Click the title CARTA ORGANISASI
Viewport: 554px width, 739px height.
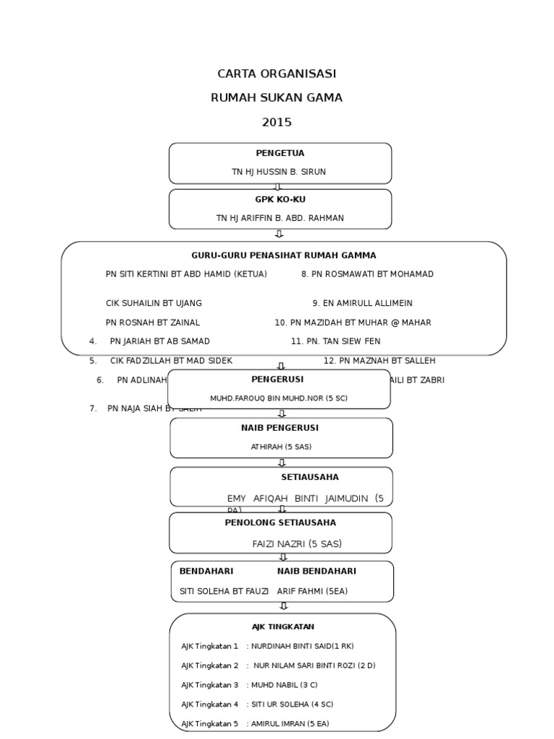pyautogui.click(x=276, y=74)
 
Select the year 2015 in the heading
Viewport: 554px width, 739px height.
pyautogui.click(x=276, y=123)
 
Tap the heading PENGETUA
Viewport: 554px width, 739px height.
pyautogui.click(x=280, y=153)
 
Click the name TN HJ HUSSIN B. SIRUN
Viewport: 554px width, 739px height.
pyautogui.click(x=278, y=172)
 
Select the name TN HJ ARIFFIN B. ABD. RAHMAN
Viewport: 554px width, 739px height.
pyautogui.click(x=280, y=218)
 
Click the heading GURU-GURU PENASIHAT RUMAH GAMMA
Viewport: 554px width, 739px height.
pyautogui.click(x=283, y=255)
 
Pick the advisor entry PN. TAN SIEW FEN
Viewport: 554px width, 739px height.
pyautogui.click(x=335, y=341)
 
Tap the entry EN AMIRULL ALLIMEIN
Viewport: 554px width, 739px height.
pyautogui.click(x=362, y=303)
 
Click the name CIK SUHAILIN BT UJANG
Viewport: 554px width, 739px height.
pyautogui.click(x=154, y=303)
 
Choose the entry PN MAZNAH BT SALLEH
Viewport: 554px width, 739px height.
pyautogui.click(x=379, y=361)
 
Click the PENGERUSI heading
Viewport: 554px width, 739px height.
pyautogui.click(x=278, y=379)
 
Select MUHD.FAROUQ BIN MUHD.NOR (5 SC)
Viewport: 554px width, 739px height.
pyautogui.click(x=278, y=398)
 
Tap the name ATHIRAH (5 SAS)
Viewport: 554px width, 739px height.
pyautogui.click(x=281, y=447)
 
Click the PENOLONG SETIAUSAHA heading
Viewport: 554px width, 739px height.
pyautogui.click(x=280, y=522)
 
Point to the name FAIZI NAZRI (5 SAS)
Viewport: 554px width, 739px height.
pyautogui.click(x=296, y=544)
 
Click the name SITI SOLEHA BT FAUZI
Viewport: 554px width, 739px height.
pyautogui.click(x=224, y=591)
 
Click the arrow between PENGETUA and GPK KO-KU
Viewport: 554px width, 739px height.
pyautogui.click(x=278, y=187)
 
